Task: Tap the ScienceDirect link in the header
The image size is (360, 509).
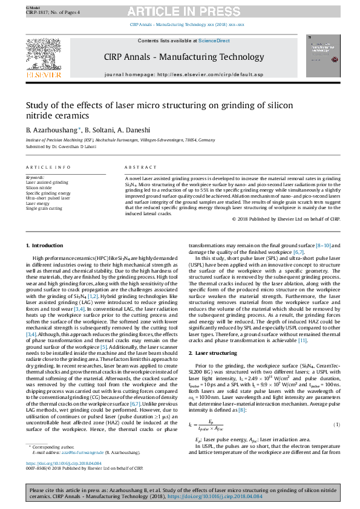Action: [215, 41]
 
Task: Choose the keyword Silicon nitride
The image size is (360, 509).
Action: [38, 188]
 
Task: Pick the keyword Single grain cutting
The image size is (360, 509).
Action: [44, 208]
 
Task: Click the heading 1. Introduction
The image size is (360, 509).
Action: [44, 245]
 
